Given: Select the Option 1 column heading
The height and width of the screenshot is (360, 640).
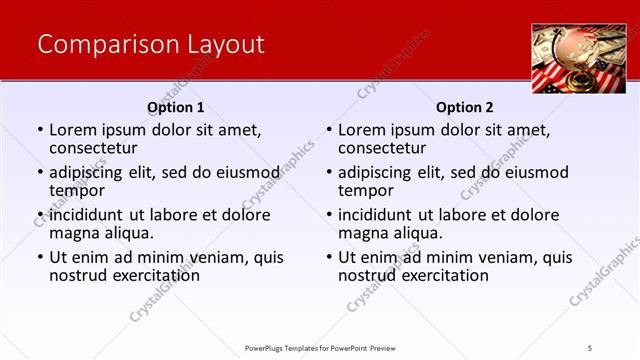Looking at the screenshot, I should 176,107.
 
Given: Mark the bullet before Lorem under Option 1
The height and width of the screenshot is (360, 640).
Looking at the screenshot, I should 40,131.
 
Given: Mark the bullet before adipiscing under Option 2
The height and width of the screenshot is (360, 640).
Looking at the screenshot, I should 329,173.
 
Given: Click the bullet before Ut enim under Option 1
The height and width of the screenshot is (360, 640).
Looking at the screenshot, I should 40,258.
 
